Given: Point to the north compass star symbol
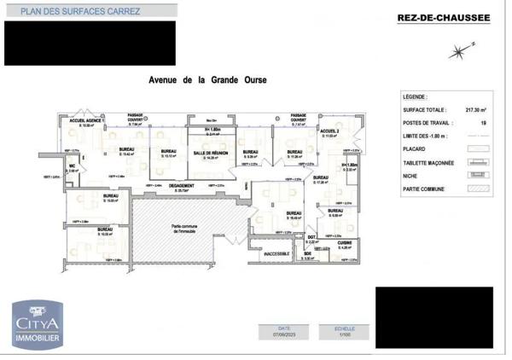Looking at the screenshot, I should [x=459, y=53].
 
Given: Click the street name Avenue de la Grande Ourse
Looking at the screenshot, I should [x=208, y=80].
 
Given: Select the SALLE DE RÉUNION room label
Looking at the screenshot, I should [x=208, y=153].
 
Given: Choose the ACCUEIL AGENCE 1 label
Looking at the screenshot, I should [x=86, y=121].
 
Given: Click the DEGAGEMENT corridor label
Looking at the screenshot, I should [x=181, y=186].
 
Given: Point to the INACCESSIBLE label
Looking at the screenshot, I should [x=277, y=253].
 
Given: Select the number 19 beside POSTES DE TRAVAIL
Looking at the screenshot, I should [x=483, y=123].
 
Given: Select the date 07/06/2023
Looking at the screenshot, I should [x=283, y=335].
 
